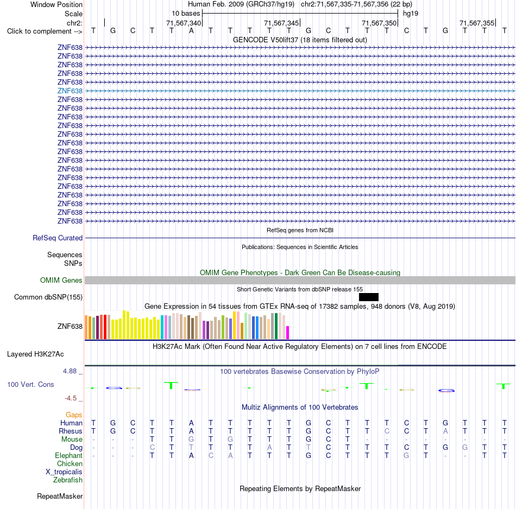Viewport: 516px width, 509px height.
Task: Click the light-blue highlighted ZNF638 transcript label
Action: coord(70,91)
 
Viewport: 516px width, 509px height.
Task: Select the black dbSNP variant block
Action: coord(369,297)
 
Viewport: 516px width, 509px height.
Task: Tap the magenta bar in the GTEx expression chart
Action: coord(288,333)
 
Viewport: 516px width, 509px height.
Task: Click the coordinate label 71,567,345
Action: coord(281,23)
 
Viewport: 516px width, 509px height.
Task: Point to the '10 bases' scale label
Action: coord(186,14)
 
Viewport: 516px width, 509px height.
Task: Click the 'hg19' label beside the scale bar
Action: coord(411,14)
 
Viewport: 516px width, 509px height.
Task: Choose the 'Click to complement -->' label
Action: coord(45,31)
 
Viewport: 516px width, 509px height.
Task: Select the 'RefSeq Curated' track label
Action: coord(58,238)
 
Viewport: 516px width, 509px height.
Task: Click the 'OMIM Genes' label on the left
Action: coord(61,280)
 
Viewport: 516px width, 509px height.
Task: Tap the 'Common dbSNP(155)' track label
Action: coord(48,297)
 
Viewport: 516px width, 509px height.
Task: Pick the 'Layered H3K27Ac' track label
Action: coord(35,354)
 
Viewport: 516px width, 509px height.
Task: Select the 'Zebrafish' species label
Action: coord(68,480)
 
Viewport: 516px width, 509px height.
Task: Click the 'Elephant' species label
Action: coord(69,455)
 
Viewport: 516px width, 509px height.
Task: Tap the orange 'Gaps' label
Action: coord(74,415)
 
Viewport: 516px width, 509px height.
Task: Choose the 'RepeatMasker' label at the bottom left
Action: coord(60,496)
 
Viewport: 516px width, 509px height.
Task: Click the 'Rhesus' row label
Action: coord(71,431)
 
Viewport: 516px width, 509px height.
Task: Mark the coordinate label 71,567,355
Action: coord(477,23)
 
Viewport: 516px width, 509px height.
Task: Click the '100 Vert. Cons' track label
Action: coord(30,384)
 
